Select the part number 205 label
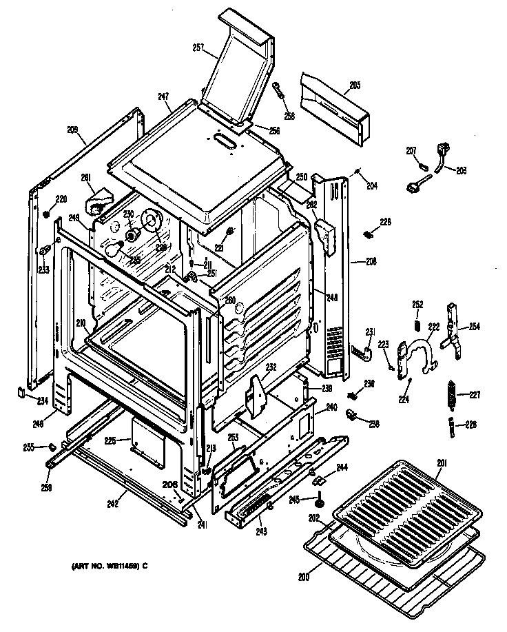[x=355, y=85]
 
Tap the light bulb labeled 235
[x=118, y=249]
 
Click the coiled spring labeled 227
[x=451, y=394]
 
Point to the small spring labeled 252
[x=417, y=324]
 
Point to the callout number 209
[x=72, y=130]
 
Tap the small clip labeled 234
[x=21, y=393]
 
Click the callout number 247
[x=163, y=97]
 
